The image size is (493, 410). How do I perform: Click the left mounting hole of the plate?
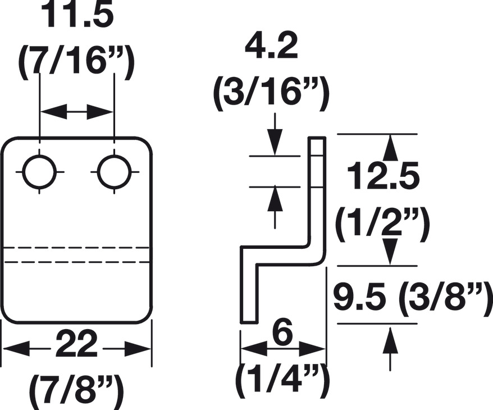(x=40, y=172)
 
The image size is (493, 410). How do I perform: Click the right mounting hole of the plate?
(x=114, y=172)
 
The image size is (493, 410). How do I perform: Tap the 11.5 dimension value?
(x=77, y=14)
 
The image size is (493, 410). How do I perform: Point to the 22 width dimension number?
(x=76, y=344)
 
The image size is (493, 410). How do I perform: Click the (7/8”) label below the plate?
(x=76, y=390)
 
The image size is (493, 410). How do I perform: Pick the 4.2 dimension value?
(x=271, y=48)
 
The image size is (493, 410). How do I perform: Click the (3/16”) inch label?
(x=271, y=94)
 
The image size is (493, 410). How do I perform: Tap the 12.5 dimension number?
(x=384, y=176)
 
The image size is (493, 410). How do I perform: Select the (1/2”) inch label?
(x=382, y=224)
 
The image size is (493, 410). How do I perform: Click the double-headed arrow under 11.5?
(x=77, y=112)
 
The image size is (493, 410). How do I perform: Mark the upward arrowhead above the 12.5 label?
(x=390, y=148)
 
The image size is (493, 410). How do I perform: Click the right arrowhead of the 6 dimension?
(x=311, y=348)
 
